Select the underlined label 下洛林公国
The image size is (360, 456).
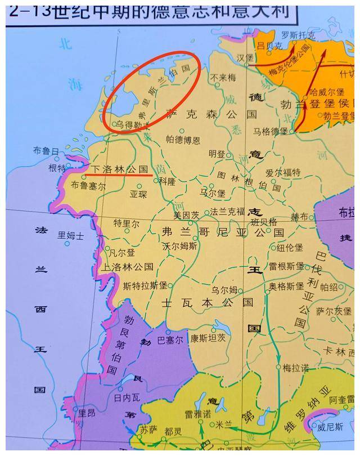tap(119, 168)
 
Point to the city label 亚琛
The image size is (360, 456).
tap(138, 194)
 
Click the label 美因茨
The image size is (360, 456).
tap(186, 214)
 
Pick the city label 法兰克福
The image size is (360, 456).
tap(228, 212)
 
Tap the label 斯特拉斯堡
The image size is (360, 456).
tap(145, 285)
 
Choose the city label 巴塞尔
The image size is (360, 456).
tap(170, 340)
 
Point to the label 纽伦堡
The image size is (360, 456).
tap(290, 247)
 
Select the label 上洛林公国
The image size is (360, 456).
tap(129, 267)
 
